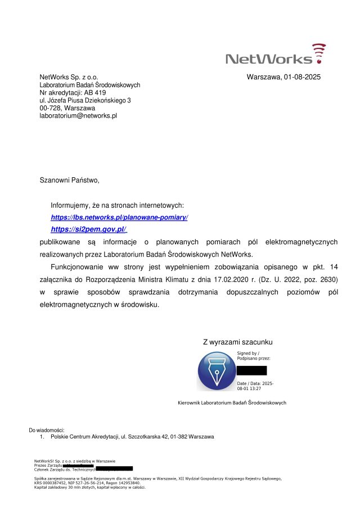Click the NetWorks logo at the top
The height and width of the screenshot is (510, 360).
point(275,55)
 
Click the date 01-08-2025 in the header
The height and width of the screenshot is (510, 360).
point(302,77)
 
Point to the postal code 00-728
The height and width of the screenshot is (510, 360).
point(50,108)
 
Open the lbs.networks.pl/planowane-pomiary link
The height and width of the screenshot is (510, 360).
point(119,217)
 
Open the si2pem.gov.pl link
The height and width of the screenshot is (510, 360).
point(88,229)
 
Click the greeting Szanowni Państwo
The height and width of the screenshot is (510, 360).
point(69,181)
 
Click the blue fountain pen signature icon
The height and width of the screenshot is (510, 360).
point(216,371)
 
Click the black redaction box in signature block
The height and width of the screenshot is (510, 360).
point(251,370)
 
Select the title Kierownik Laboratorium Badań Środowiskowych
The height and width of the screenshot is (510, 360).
point(232,403)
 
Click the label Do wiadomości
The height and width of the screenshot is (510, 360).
point(47,430)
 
